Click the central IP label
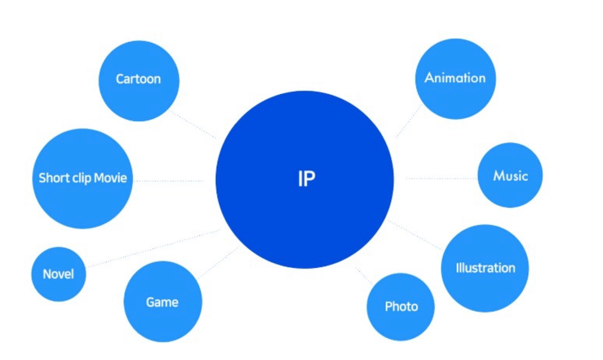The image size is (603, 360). tap(306, 179)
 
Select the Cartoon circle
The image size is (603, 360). tap(139, 81)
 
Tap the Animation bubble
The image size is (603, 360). tap(455, 79)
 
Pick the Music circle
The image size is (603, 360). tap(510, 175)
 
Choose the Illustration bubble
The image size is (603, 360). tap(485, 268)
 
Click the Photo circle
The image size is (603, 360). tap(401, 307)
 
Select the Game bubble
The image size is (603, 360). tap(163, 302)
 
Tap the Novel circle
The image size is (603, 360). tap(58, 274)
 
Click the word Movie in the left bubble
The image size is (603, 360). tap(110, 178)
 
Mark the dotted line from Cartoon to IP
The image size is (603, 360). tap(193, 125)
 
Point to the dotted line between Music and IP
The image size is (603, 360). tap(440, 179)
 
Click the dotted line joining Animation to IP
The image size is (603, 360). tap(409, 121)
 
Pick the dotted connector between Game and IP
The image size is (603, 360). tap(218, 262)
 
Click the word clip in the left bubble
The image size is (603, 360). tap(81, 178)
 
